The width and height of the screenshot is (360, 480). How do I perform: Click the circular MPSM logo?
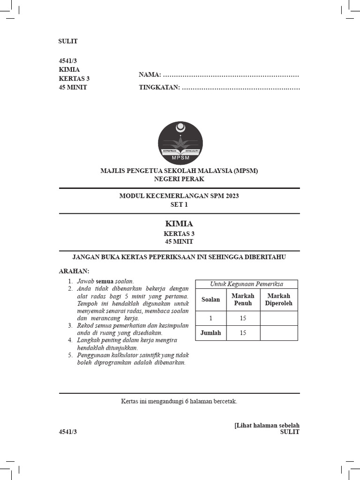pyautogui.click(x=180, y=142)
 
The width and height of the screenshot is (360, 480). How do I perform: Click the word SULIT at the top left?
pyautogui.click(x=68, y=41)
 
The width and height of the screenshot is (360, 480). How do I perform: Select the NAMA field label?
pyautogui.click(x=150, y=75)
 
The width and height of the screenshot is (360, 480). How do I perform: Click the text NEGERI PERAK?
pyautogui.click(x=179, y=179)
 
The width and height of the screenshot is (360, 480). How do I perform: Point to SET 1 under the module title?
pyautogui.click(x=179, y=205)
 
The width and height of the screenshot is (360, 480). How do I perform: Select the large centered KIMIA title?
pyautogui.click(x=179, y=224)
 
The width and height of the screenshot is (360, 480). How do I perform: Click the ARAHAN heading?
pyautogui.click(x=74, y=271)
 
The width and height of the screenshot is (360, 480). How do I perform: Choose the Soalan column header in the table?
pyautogui.click(x=210, y=300)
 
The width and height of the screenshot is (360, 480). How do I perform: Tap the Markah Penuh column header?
pyautogui.click(x=243, y=300)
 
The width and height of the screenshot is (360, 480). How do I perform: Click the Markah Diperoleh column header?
pyautogui.click(x=278, y=300)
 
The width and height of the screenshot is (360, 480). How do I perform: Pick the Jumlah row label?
pyautogui.click(x=210, y=333)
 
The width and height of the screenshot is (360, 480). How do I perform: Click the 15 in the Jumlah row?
pyautogui.click(x=243, y=333)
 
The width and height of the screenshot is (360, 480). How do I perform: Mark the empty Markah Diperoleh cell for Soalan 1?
pyautogui.click(x=278, y=318)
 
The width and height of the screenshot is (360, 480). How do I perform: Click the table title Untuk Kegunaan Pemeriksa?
pyautogui.click(x=246, y=284)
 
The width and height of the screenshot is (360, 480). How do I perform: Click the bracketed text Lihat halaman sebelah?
pyautogui.click(x=267, y=425)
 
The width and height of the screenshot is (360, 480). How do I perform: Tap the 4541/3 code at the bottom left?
pyautogui.click(x=67, y=432)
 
